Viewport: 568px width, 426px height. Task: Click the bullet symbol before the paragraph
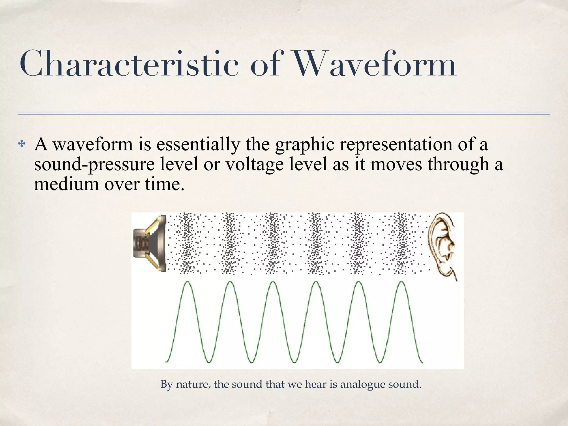point(22,144)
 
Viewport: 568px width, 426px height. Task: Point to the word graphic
point(305,145)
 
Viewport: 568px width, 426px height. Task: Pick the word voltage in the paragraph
point(254,164)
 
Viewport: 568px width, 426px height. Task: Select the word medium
point(66,184)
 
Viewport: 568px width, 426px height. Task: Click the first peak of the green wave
point(188,282)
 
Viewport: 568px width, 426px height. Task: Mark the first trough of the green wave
point(209,362)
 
